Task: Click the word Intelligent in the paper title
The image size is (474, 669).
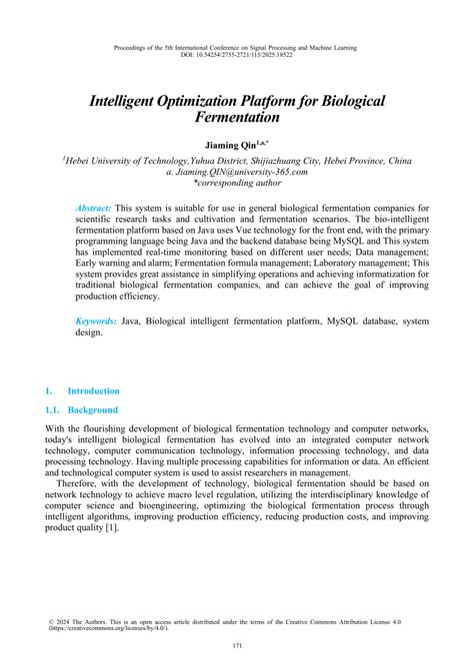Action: [x=138, y=102]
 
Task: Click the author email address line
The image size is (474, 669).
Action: [x=236, y=172]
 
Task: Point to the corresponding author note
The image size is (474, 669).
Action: [x=236, y=184]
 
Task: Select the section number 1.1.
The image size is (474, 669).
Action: [x=52, y=410]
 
